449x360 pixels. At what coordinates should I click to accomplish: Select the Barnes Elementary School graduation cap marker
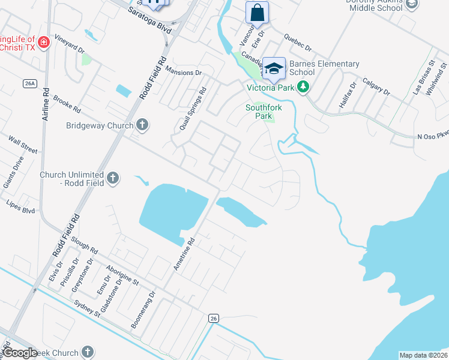pyautogui.click(x=274, y=68)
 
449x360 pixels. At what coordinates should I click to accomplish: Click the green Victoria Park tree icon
pyautogui.click(x=304, y=87)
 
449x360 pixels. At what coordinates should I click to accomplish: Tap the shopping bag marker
pyautogui.click(x=257, y=13)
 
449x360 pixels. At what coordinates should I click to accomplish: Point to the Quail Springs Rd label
pyautogui.click(x=192, y=109)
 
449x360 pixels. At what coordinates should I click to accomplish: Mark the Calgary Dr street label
pyautogui.click(x=376, y=88)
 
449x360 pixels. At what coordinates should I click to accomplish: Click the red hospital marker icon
pyautogui.click(x=43, y=42)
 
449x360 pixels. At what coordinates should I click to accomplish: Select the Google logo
pyautogui.click(x=21, y=353)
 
